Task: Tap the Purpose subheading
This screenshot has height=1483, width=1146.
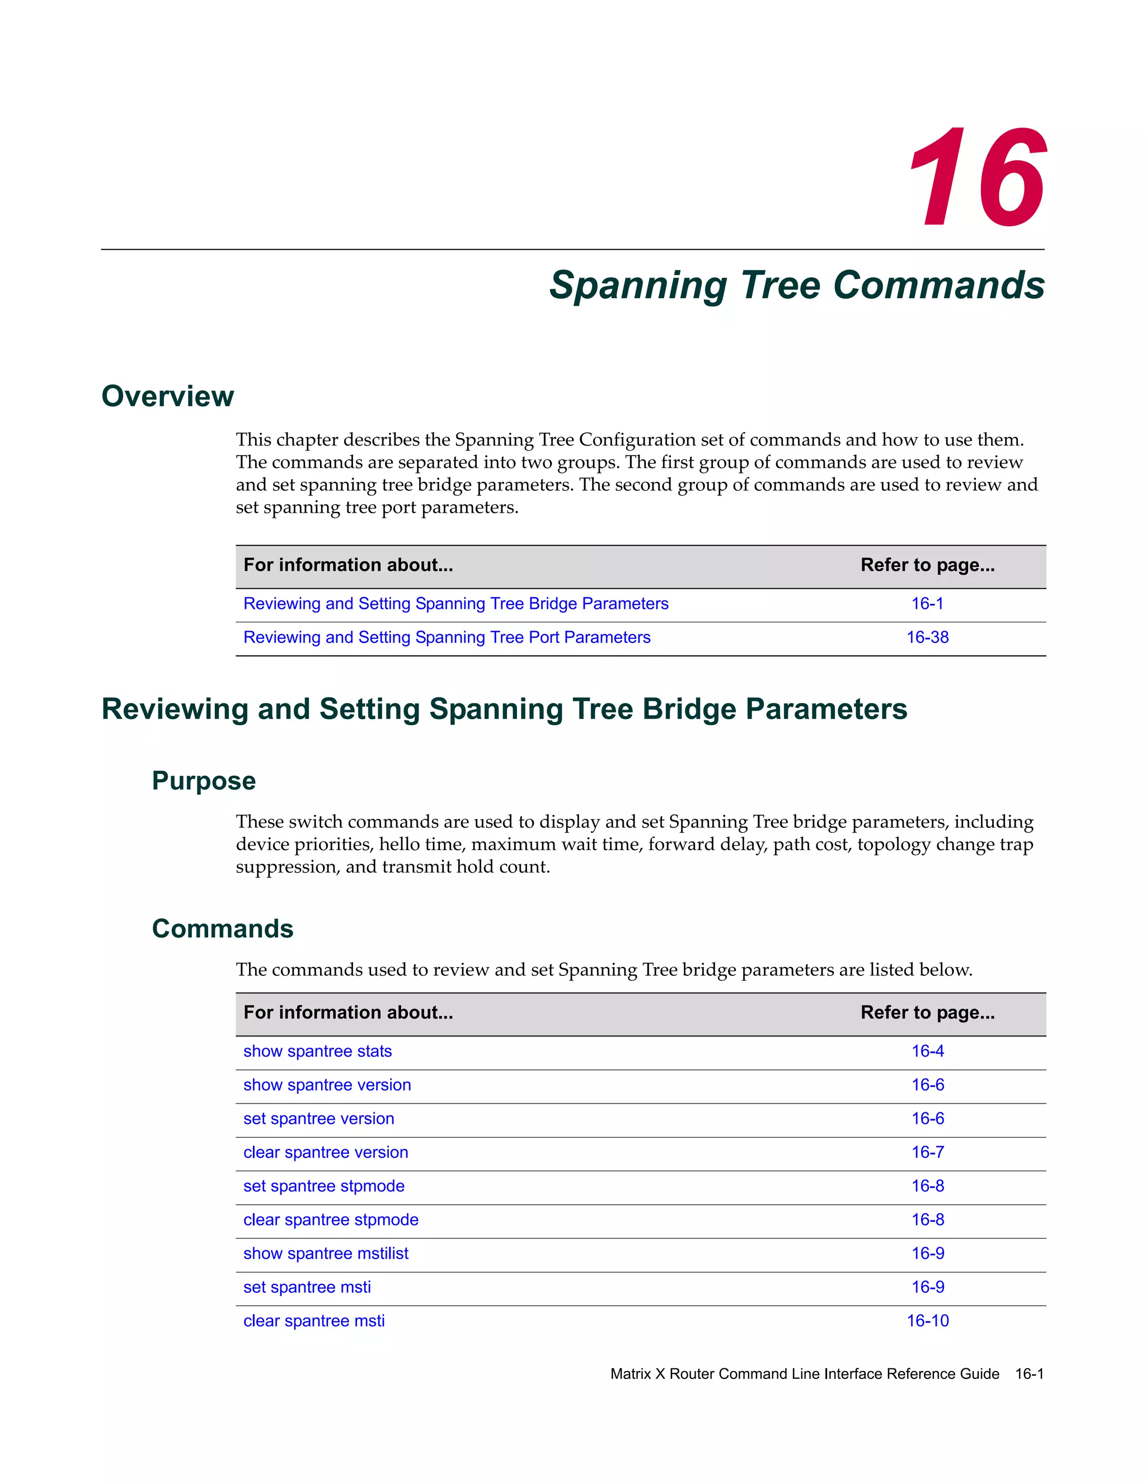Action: point(204,780)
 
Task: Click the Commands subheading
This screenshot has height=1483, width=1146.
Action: point(222,928)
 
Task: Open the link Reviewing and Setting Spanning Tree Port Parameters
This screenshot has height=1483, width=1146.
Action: point(447,637)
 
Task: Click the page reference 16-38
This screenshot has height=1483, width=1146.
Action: point(927,637)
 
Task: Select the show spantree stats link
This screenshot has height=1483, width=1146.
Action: point(317,1050)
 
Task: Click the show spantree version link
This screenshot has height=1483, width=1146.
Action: point(327,1085)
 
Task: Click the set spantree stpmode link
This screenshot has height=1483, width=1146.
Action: point(323,1186)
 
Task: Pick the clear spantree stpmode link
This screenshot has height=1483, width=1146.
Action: point(331,1219)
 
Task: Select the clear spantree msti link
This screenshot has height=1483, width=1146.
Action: point(314,1321)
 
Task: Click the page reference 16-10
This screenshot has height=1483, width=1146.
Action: point(927,1321)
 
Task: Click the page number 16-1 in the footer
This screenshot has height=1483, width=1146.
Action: point(1028,1374)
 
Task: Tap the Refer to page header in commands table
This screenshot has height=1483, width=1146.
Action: point(927,1012)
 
